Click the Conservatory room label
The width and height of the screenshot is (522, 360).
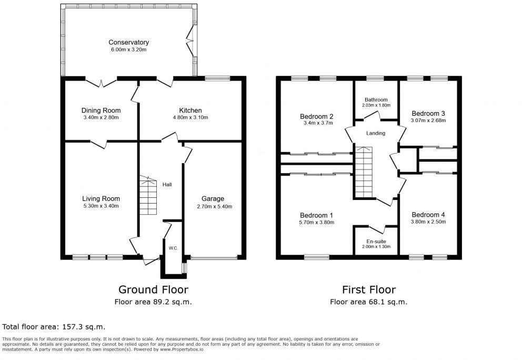[x=128, y=42]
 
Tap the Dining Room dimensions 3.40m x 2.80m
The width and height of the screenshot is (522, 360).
[x=101, y=117]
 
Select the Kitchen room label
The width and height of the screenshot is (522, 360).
[x=190, y=111]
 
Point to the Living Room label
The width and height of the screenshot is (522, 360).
[x=101, y=198]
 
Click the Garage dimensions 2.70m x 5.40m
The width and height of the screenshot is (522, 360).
[x=213, y=206]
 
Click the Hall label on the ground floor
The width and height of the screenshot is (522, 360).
[x=167, y=184]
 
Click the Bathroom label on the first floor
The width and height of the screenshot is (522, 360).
[x=376, y=99]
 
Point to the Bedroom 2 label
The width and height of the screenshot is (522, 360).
[x=316, y=116]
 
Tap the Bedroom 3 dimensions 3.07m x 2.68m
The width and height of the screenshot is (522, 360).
[x=428, y=121]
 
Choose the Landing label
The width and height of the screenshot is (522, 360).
[x=376, y=133]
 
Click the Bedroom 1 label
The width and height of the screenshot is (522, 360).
[x=316, y=215]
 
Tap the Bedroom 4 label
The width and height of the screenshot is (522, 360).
[x=428, y=214]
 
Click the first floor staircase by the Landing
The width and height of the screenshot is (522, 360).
[x=363, y=171]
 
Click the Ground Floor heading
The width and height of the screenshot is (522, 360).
[x=153, y=289]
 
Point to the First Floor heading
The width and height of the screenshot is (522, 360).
[x=368, y=289]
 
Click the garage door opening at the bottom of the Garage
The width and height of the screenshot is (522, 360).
[x=213, y=257]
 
